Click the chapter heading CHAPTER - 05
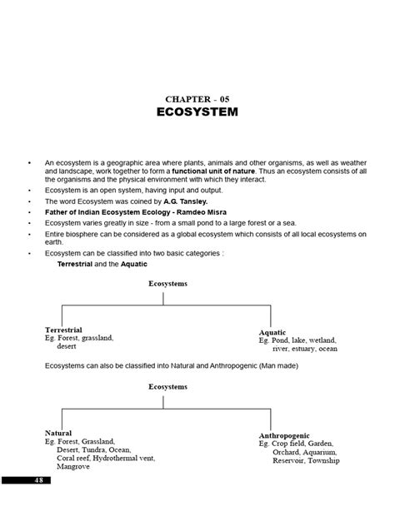197,97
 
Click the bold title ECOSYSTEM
197,112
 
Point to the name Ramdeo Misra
200,212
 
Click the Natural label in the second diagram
58,433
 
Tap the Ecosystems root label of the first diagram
167,284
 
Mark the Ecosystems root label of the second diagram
167,387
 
